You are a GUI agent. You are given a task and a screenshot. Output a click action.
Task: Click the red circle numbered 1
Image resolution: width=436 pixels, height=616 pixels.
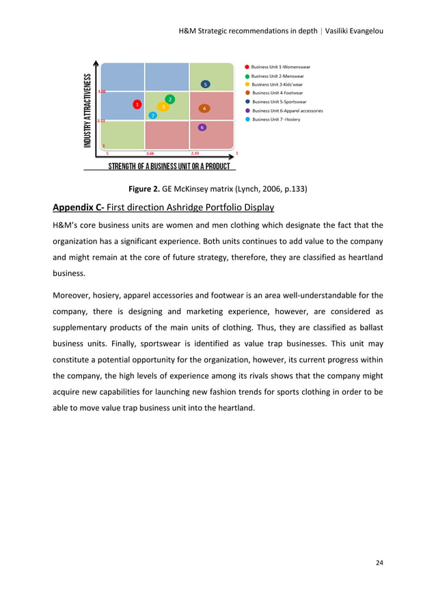pos(137,104)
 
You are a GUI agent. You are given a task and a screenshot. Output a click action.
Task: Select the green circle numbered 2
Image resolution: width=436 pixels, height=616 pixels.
pos(170,100)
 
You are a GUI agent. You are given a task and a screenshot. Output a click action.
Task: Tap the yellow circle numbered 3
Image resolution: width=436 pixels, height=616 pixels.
pos(163,107)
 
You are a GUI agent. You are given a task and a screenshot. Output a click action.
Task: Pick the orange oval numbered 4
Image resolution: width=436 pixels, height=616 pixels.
pos(204,109)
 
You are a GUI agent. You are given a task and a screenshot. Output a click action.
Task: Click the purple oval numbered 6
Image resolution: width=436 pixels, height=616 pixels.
pos(202,128)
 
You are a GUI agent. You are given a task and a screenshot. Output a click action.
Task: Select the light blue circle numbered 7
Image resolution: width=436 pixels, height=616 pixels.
pos(153,115)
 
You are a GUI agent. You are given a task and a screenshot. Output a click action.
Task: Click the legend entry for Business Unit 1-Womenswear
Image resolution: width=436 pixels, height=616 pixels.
pos(281,67)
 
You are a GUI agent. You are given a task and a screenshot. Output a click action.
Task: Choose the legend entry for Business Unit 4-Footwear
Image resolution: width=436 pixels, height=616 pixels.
pos(277,93)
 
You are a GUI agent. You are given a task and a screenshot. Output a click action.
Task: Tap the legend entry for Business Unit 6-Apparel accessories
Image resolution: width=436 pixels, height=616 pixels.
pos(287,111)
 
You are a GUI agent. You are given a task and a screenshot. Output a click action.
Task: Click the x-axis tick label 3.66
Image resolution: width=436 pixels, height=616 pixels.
pos(150,154)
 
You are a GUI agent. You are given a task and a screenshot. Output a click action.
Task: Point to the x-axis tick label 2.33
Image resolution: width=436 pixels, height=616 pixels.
pos(195,154)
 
